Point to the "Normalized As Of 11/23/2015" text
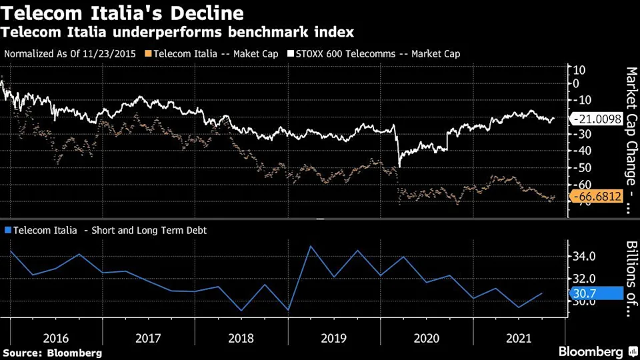click(x=73, y=54)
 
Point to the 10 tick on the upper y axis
click(x=579, y=69)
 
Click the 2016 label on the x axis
click(x=56, y=338)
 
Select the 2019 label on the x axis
click(x=333, y=338)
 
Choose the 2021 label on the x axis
click(x=518, y=338)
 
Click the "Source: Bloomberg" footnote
click(x=52, y=353)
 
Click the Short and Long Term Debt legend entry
click(x=107, y=231)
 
